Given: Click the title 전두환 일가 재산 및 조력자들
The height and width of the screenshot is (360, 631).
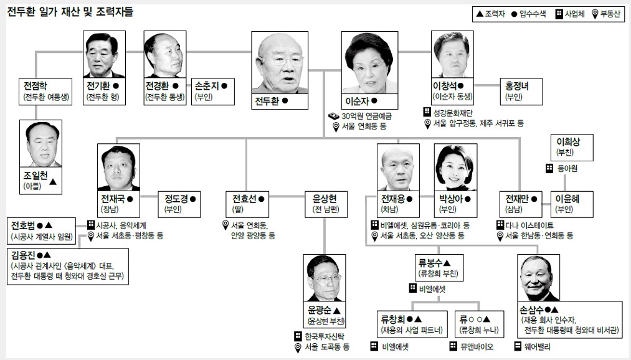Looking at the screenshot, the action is (70, 12).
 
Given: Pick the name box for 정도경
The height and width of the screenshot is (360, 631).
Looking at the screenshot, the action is (180, 204).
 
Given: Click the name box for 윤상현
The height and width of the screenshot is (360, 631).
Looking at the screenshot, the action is (325, 204).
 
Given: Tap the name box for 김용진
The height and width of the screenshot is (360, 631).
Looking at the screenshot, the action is (67, 267).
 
